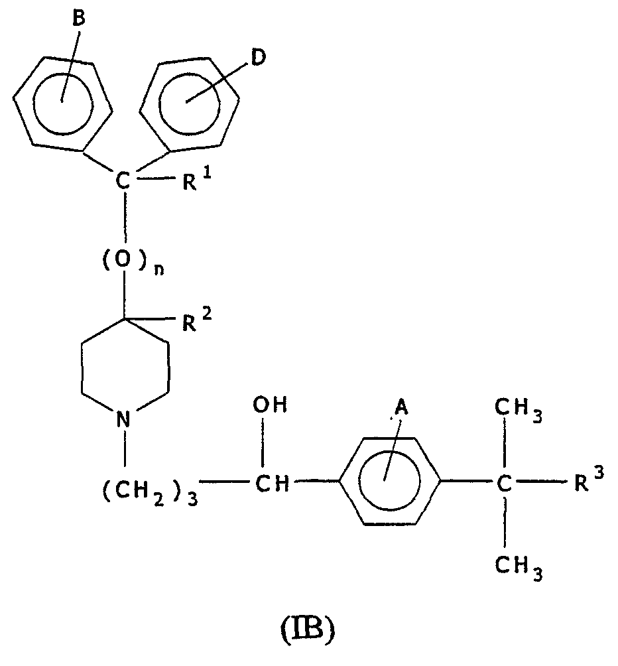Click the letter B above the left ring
(x=78, y=19)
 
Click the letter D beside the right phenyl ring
(x=258, y=58)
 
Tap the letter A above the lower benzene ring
(x=401, y=408)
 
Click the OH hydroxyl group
(x=270, y=405)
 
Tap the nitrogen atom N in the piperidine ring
(x=123, y=419)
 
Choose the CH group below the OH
(x=272, y=484)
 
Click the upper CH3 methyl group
(x=519, y=410)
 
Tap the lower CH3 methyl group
(x=519, y=568)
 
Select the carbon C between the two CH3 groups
(x=504, y=484)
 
